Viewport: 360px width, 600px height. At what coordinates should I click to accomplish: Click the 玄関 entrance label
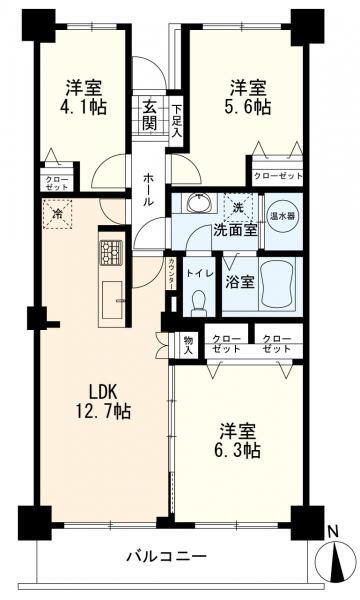[150, 114]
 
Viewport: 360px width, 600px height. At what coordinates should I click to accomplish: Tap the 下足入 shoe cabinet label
[176, 119]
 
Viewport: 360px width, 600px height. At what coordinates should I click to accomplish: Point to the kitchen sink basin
[111, 300]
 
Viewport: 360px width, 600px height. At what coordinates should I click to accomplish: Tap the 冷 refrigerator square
[58, 214]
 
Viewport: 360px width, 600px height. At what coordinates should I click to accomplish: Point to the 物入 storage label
[188, 343]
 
